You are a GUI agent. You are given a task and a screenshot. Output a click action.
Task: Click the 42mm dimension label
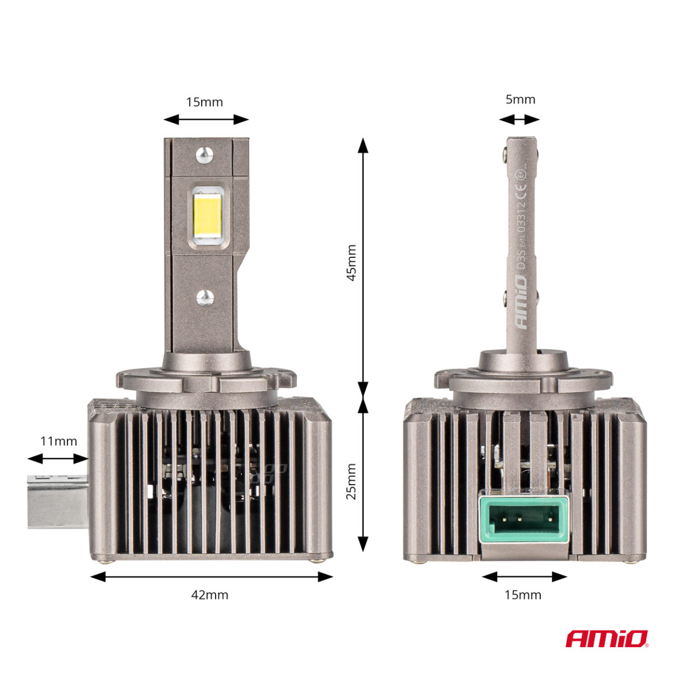pyautogui.click(x=210, y=595)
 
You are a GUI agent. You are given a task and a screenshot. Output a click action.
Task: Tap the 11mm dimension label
pyautogui.click(x=58, y=441)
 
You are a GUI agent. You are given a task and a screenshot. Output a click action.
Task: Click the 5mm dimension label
pyautogui.click(x=520, y=99)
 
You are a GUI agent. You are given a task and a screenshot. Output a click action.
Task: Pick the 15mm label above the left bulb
pyautogui.click(x=204, y=102)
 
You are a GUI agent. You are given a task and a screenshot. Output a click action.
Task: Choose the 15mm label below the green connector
pyautogui.click(x=523, y=595)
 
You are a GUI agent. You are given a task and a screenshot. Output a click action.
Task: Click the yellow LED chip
pyautogui.click(x=207, y=216)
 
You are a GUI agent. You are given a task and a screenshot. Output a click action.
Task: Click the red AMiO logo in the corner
pyautogui.click(x=607, y=639)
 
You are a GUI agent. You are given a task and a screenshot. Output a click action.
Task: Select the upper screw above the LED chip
pyautogui.click(x=204, y=153)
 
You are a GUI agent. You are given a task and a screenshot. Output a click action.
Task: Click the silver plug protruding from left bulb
pyautogui.click(x=58, y=502)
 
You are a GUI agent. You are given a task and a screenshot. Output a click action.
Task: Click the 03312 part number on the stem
pyautogui.click(x=522, y=219)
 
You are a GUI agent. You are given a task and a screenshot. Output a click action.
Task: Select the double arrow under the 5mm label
pyautogui.click(x=519, y=120)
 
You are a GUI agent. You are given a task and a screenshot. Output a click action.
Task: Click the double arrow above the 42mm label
pyautogui.click(x=211, y=576)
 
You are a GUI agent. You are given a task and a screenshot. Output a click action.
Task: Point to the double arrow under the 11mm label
pyautogui.click(x=58, y=459)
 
